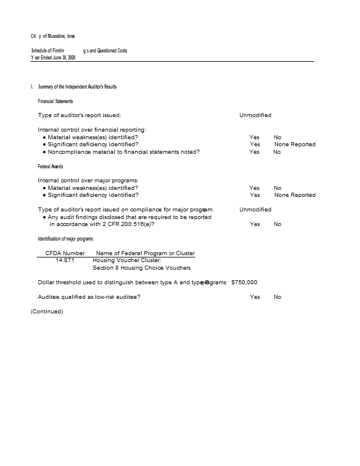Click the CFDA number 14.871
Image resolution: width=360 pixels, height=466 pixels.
(65, 260)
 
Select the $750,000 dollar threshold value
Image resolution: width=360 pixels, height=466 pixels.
(244, 282)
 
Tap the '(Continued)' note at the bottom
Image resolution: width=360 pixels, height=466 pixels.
(47, 311)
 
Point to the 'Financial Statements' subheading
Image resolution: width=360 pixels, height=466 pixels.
(55, 101)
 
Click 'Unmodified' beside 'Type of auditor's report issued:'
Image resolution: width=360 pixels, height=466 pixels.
(255, 115)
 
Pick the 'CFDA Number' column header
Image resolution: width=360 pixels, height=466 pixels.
(65, 253)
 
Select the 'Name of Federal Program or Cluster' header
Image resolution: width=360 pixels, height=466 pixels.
(145, 253)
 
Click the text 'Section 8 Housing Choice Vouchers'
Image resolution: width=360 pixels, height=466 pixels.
(142, 268)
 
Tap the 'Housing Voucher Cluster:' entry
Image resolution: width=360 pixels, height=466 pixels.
(126, 260)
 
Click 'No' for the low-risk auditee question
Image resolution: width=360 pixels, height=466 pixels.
(277, 297)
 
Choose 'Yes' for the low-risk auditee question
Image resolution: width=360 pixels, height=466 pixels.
(255, 297)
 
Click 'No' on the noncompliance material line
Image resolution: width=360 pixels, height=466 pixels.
(277, 152)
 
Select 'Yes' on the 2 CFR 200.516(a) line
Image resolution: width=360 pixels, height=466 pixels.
(255, 224)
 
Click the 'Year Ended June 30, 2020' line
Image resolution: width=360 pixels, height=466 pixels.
(53, 57)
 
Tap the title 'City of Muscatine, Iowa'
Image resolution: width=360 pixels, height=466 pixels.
(52, 36)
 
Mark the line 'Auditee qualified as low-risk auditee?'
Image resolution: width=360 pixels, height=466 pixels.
(89, 297)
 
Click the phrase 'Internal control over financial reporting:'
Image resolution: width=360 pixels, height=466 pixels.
(91, 129)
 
